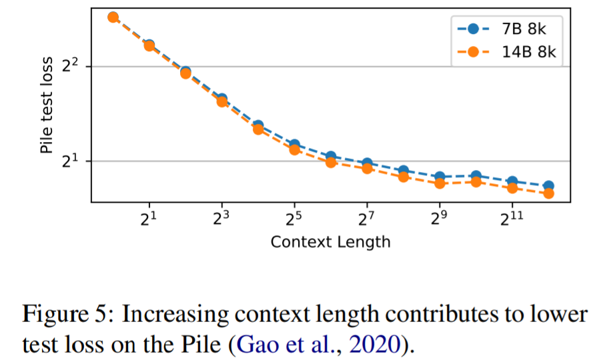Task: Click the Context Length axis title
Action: [330, 241]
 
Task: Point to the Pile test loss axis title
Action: [47, 107]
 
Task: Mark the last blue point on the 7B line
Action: [548, 186]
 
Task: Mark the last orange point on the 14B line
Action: [548, 193]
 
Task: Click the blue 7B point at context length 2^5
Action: [294, 145]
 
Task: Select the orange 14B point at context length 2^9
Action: [440, 183]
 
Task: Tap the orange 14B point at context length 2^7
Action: [367, 168]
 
